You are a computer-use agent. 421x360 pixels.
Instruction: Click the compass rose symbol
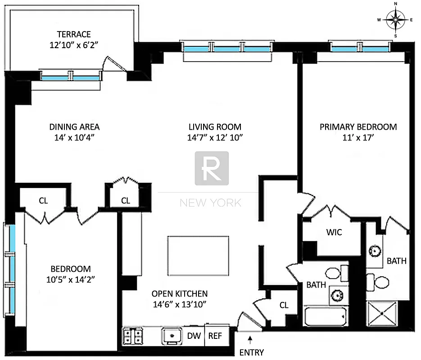395,19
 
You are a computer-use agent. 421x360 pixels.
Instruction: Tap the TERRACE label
74,34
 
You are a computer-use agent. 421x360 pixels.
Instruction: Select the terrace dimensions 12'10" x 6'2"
74,45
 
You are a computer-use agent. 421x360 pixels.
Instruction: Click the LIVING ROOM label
215,127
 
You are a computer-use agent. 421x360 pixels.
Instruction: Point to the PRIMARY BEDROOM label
358,127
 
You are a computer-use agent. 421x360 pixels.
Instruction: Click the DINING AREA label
74,127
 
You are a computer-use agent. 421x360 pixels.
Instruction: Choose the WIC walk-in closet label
334,232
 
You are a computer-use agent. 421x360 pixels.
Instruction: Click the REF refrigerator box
215,336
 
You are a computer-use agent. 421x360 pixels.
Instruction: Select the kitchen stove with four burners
133,336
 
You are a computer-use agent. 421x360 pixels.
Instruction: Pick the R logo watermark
211,168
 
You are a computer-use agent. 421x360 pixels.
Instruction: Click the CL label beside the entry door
284,305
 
